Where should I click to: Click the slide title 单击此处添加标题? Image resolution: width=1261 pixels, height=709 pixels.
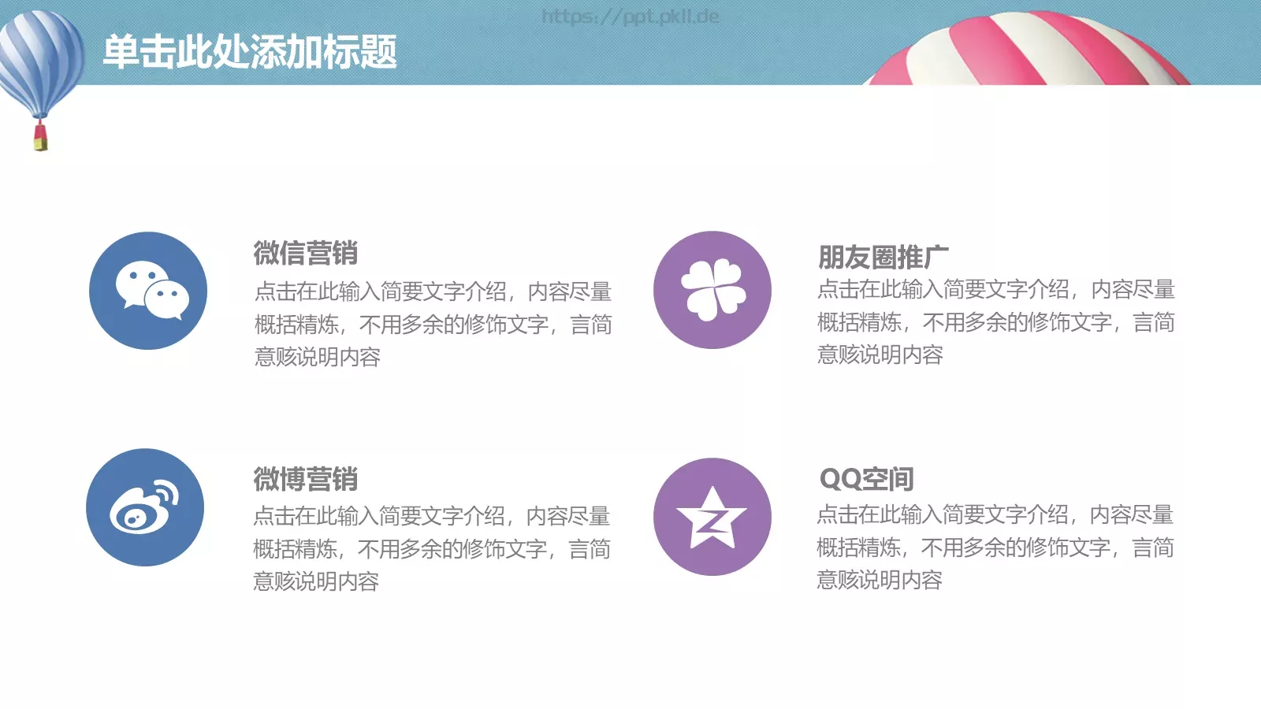coord(250,52)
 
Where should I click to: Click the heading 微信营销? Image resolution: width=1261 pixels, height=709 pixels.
coord(306,253)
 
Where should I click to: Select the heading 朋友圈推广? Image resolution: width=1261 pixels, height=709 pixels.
coord(883,257)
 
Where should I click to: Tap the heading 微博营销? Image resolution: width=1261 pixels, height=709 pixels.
coord(306,478)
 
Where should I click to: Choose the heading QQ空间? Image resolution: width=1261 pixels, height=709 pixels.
coord(866,478)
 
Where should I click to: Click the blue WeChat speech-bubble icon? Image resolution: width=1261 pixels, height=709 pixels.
coord(148,291)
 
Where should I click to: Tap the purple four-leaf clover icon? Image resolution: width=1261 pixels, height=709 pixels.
coord(712,290)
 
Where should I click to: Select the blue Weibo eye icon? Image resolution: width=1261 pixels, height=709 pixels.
coord(145,507)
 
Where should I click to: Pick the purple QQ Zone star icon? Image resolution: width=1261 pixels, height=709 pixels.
coord(712,517)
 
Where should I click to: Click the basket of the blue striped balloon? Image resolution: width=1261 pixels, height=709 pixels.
coord(40,139)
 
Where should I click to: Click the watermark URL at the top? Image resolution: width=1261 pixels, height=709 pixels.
coord(630,17)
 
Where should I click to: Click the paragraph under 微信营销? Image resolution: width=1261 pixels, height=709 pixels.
coord(433,324)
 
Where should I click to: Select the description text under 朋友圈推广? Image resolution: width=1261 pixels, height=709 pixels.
coord(995,321)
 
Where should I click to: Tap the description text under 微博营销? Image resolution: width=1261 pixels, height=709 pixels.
coord(431,548)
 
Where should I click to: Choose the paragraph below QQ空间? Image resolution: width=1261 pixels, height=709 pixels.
coord(995,547)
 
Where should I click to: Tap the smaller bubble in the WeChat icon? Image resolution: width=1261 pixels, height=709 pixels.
coord(168,300)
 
